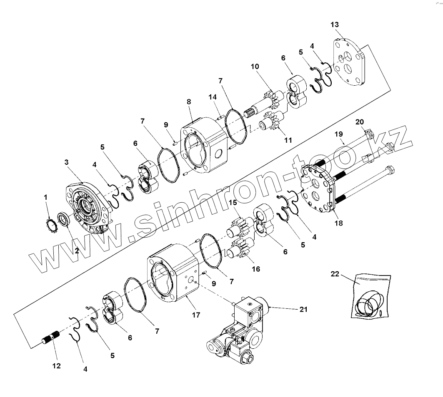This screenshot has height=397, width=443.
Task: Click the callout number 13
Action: (335, 25)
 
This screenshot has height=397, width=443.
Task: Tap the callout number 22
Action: (335, 274)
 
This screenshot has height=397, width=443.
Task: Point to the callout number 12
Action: (56, 366)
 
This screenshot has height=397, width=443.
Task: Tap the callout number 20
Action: (360, 122)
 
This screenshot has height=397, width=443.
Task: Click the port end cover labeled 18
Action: (319, 187)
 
